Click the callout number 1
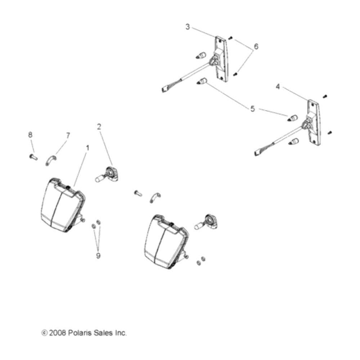tap(87, 148)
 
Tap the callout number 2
tap(99, 126)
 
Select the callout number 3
tap(188, 27)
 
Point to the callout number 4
tap(278, 87)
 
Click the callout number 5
tap(253, 109)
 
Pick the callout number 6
tap(256, 46)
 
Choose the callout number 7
tap(68, 136)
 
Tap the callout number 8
tap(30, 135)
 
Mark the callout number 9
tap(98, 255)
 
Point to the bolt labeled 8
tap(33, 157)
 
